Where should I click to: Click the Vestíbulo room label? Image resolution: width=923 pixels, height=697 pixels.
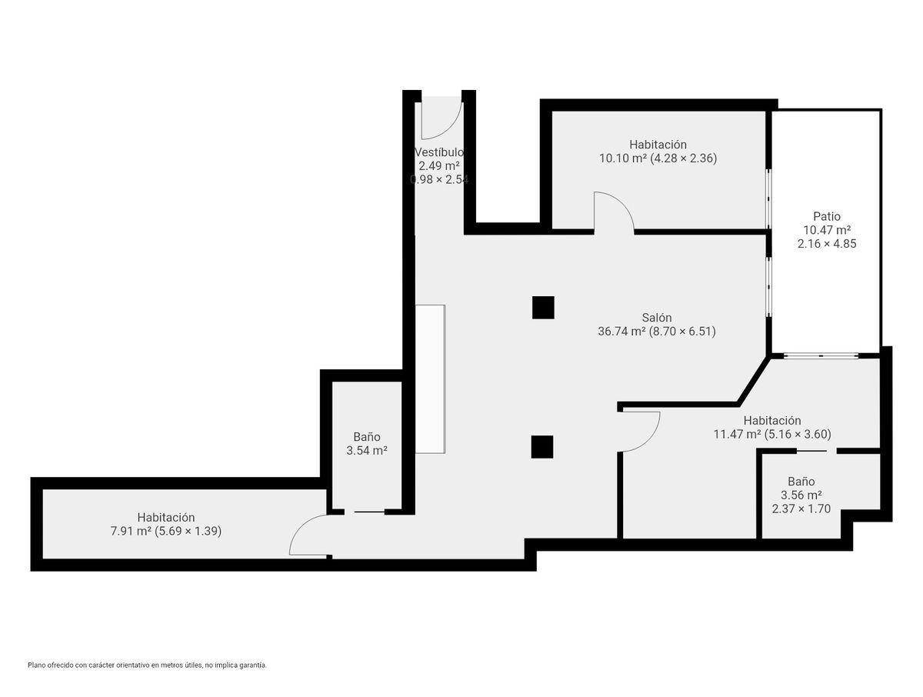coord(439,152)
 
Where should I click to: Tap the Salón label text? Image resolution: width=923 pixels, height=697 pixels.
coord(656,318)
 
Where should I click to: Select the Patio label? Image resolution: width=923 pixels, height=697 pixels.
coord(827,216)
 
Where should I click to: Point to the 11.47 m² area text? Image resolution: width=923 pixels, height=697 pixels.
coord(737,434)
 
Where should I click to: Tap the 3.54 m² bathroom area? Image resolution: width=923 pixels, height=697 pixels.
coord(367,450)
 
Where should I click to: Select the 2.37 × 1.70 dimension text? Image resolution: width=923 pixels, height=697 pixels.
coord(801,509)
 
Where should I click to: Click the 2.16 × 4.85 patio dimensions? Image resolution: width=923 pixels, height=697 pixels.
coord(827,244)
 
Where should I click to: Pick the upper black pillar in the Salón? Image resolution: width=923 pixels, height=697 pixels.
coord(543,308)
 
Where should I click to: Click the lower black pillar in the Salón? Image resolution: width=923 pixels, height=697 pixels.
coord(542,447)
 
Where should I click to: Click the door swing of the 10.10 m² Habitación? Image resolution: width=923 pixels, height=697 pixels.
coord(622,202)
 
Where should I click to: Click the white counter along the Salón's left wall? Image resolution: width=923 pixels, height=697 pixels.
coord(430,379)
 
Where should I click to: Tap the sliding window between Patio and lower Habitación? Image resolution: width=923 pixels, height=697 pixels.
coord(821,356)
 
